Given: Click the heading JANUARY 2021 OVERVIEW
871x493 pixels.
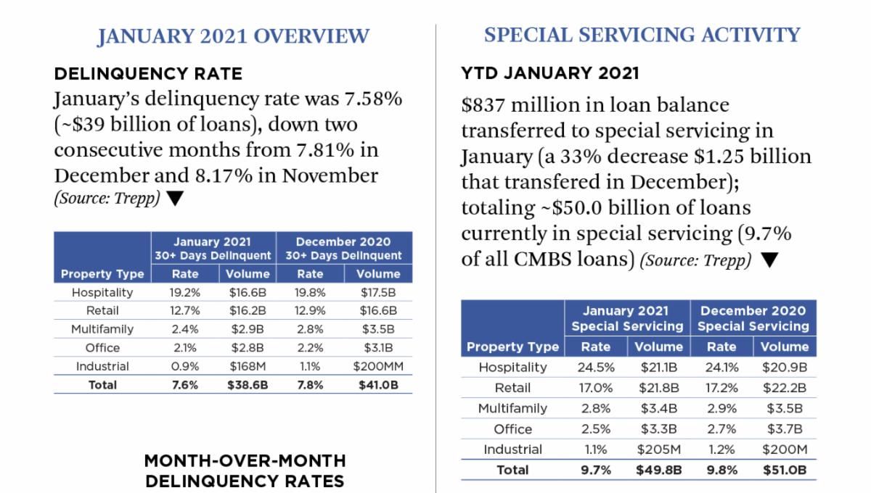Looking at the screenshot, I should coord(233,36).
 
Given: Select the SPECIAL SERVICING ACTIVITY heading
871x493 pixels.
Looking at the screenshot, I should coord(642,34).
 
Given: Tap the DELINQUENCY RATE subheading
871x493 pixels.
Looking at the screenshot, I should coord(148,73).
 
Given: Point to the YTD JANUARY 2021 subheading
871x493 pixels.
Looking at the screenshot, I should coord(550,73).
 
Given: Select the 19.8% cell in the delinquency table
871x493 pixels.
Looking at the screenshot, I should coord(310,292).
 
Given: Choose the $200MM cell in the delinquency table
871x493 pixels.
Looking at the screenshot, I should coord(378,366).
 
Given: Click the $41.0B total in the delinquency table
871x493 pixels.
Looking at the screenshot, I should coord(378,385).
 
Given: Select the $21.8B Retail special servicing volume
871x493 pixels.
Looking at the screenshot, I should coord(658,388).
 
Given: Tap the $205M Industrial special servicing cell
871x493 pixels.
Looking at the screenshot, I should coord(658,449).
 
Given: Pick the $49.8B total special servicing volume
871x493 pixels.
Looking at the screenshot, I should coord(658,470).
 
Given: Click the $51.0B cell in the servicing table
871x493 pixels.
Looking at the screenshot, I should coord(785,470).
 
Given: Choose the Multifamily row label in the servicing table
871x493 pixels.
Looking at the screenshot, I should coord(512,408).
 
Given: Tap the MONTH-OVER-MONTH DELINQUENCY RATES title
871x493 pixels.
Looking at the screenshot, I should coord(245,471).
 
